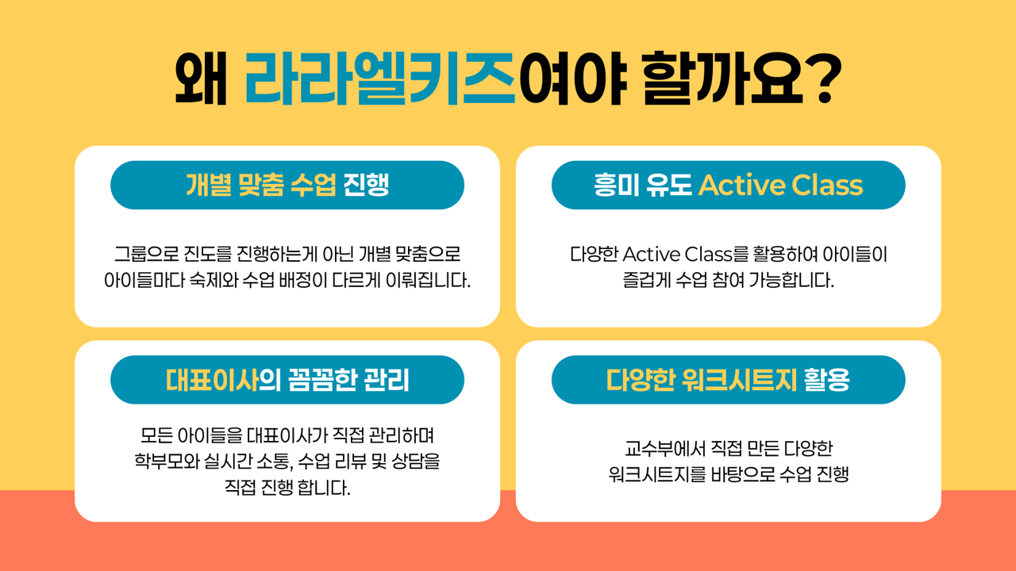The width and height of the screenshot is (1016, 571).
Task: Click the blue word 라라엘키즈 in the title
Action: click(380, 78)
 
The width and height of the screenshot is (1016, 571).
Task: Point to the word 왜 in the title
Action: click(201, 78)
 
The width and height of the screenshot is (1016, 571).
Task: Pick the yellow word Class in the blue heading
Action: click(827, 185)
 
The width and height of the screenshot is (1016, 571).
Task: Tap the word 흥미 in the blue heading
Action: click(617, 185)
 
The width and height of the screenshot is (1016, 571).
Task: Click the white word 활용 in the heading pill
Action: click(826, 380)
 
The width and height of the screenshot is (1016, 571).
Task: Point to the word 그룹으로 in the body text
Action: click(147, 254)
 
